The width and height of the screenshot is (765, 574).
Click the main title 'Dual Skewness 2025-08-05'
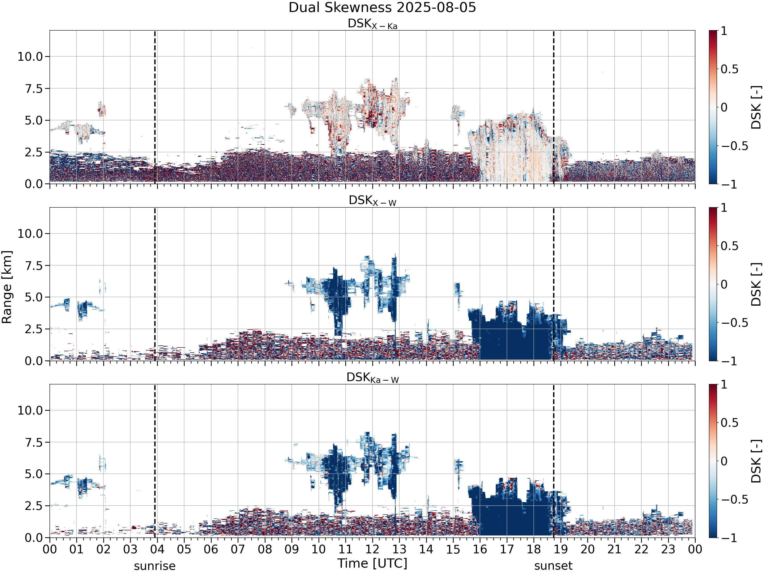click(382, 8)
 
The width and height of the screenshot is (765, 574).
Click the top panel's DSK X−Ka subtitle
click(373, 24)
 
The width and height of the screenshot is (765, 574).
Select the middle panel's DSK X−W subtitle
click(373, 201)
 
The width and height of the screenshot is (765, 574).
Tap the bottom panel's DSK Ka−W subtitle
click(373, 378)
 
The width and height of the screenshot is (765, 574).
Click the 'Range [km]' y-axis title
click(7, 287)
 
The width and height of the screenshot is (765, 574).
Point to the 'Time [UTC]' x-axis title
click(373, 563)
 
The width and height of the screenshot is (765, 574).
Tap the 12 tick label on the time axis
click(373, 549)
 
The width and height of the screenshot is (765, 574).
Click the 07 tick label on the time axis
click(238, 549)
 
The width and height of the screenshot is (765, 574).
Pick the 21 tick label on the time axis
click(615, 549)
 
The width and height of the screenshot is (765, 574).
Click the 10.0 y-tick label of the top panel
click(30, 56)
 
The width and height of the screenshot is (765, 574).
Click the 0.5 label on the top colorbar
click(729, 69)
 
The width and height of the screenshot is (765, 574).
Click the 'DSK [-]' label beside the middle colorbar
click(756, 284)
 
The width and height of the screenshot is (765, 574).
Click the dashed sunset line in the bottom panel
click(554, 461)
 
